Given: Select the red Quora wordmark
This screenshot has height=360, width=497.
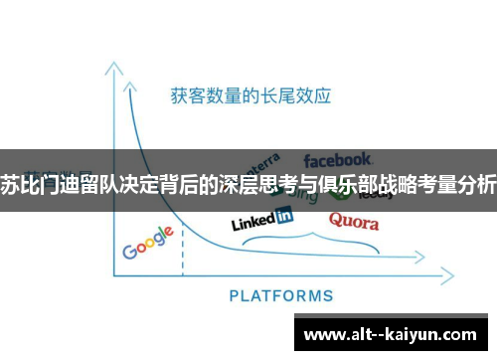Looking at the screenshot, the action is pos(353,221).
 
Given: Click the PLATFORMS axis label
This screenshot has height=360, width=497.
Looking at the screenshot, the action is pos(281,295).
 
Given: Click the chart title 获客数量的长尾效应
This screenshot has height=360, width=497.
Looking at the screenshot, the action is pos(249,96).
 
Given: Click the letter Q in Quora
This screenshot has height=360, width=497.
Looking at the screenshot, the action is pos(336,220).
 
